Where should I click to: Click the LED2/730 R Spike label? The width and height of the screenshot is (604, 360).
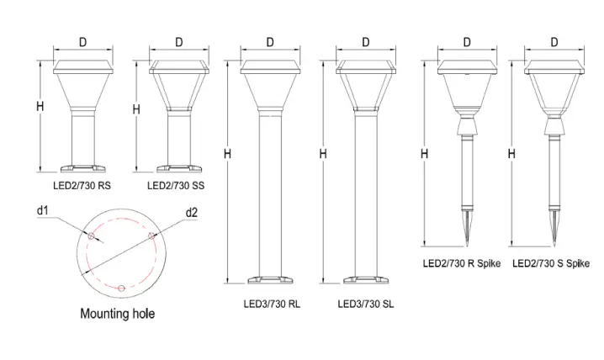click(x=461, y=263)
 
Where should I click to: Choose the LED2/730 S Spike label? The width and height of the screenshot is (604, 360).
click(x=551, y=263)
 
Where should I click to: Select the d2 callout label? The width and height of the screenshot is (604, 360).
click(x=193, y=211)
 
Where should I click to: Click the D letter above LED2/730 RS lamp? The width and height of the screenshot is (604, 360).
click(x=82, y=41)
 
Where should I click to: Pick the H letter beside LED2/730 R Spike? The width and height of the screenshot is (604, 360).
click(x=424, y=153)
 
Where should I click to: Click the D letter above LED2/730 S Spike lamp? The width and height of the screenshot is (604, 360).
click(x=554, y=41)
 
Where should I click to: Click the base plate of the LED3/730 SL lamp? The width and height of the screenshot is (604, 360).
click(x=366, y=281)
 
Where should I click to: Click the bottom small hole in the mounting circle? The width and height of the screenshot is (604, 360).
click(x=123, y=289)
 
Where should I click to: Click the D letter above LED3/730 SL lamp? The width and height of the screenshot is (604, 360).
click(x=366, y=41)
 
